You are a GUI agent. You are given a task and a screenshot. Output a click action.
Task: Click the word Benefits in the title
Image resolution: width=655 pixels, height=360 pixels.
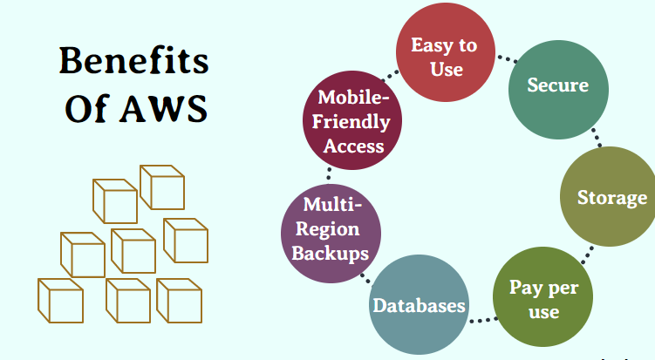tap(133, 63)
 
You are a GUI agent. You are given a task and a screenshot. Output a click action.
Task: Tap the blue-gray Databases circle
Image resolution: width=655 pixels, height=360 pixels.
tap(418, 306)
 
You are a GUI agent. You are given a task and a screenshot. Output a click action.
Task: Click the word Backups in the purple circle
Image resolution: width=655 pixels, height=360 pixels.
tap(329, 253)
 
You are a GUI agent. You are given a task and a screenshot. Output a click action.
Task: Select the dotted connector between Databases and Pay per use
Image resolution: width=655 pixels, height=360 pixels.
tap(479, 320)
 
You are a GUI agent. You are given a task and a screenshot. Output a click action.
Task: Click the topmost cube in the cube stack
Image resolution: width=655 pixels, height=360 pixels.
tap(161, 187)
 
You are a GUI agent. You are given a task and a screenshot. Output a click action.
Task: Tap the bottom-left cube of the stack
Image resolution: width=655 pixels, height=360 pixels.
tap(60, 300)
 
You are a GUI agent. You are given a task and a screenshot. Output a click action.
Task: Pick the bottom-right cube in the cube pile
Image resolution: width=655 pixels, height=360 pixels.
tap(179, 300)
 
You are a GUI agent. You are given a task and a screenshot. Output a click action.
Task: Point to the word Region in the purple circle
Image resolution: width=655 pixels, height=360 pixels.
tap(329, 230)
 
